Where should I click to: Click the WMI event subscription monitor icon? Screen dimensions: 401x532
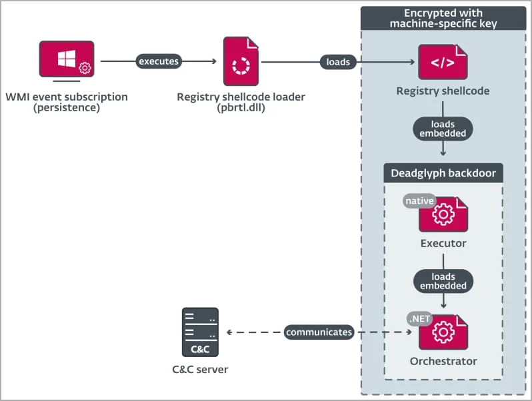tap(66, 59)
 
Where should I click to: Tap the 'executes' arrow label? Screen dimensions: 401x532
tap(159, 61)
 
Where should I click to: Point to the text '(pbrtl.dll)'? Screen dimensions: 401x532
tap(241, 108)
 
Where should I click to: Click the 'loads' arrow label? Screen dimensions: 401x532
tap(338, 62)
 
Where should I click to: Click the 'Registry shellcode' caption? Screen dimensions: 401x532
tap(443, 91)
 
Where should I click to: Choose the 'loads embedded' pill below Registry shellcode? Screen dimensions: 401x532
tap(443, 129)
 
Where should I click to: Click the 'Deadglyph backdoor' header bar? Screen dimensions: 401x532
tap(443, 174)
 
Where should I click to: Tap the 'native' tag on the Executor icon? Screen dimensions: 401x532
tap(419, 200)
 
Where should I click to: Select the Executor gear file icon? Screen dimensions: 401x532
tap(444, 214)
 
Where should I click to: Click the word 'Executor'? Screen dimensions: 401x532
tap(443, 243)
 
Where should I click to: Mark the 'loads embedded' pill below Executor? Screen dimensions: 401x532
tap(443, 281)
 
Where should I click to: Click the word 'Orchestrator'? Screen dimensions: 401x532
tap(443, 361)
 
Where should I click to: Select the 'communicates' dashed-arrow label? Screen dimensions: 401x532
tap(319, 332)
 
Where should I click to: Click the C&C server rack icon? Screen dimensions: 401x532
tap(200, 332)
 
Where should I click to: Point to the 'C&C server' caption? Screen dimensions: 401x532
tap(200, 369)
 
